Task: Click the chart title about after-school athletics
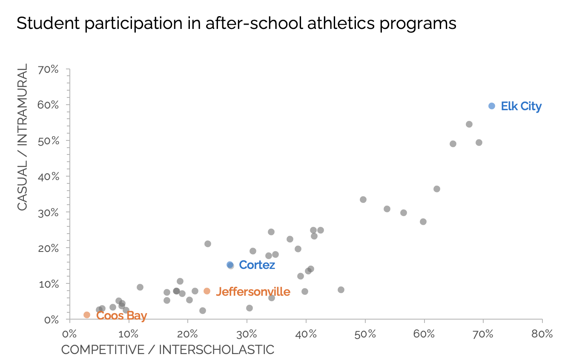(236, 23)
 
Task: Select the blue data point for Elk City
(491, 106)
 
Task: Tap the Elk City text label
(521, 106)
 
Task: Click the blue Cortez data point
(230, 265)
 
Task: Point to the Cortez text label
(257, 265)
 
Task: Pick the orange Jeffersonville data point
(207, 291)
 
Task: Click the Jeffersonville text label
(253, 292)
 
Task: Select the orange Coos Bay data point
(87, 315)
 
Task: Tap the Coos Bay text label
(121, 316)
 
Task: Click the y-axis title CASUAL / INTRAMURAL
(22, 137)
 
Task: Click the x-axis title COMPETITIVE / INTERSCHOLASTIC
(168, 350)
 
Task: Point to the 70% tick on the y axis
(49, 69)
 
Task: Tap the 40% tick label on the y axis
(49, 176)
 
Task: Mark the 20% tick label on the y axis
(49, 248)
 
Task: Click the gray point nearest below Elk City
(469, 124)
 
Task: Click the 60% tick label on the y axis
(49, 105)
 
